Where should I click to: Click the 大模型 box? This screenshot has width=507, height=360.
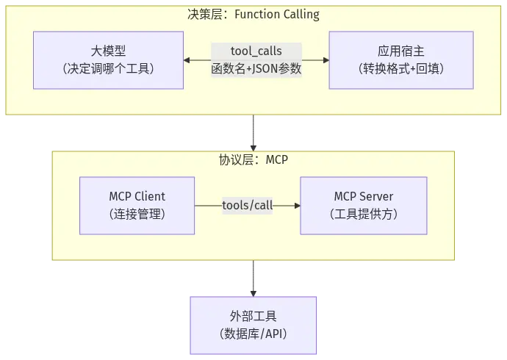point(108,60)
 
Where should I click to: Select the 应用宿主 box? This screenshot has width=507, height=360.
point(401,60)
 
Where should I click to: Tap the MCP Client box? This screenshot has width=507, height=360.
point(137,206)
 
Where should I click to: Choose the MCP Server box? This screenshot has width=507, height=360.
point(364,206)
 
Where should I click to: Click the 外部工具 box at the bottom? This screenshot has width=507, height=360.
point(253,325)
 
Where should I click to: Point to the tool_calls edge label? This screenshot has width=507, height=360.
point(256,51)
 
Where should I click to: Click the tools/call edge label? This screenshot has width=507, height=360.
point(248,205)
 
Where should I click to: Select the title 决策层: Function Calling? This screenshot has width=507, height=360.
point(253,14)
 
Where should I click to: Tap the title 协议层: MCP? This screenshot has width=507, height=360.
point(253,159)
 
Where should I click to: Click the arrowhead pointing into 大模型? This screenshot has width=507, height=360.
point(187,60)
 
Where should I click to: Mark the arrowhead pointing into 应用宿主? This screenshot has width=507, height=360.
point(326,60)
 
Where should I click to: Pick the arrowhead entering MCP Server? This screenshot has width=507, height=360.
point(297,206)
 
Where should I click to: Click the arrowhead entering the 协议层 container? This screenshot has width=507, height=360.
point(253,148)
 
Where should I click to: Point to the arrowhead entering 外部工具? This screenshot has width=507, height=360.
point(253,293)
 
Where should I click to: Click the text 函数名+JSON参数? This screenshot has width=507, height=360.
point(256,68)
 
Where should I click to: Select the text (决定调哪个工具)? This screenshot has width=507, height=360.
point(108,68)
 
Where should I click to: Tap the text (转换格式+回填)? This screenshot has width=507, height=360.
point(401,68)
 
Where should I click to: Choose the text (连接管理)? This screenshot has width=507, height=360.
point(137,214)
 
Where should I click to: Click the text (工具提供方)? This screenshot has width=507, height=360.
point(364,214)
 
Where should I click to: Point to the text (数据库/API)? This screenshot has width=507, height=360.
point(253,334)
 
